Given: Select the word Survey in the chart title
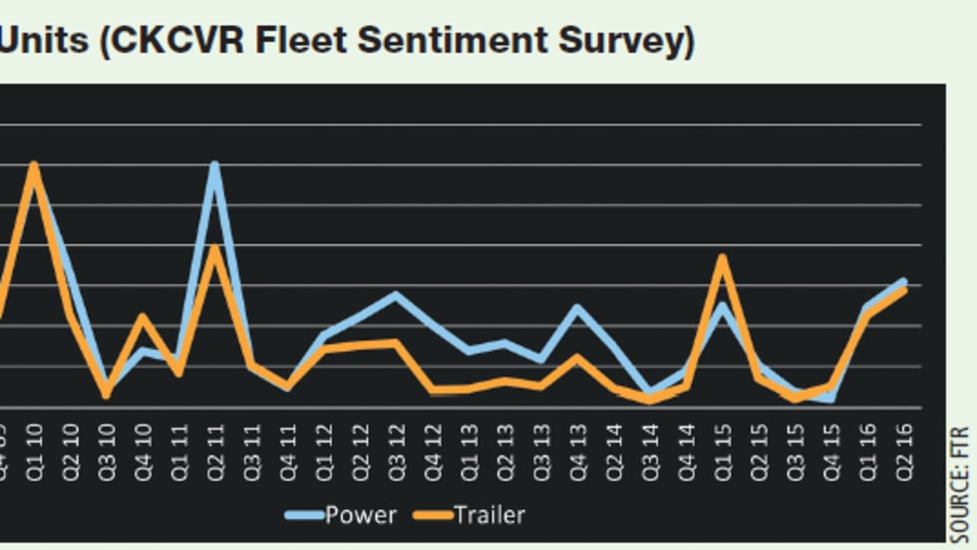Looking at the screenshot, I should (618, 41).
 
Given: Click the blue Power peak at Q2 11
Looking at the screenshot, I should (214, 165).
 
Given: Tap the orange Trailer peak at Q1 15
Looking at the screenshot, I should (722, 257).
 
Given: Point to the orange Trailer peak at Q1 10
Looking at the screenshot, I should (35, 165).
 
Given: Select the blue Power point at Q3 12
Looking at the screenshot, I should (396, 295).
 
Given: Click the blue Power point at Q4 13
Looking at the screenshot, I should (576, 307).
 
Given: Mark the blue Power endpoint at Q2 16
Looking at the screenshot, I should (903, 281).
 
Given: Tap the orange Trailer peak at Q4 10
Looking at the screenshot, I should (143, 317).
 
